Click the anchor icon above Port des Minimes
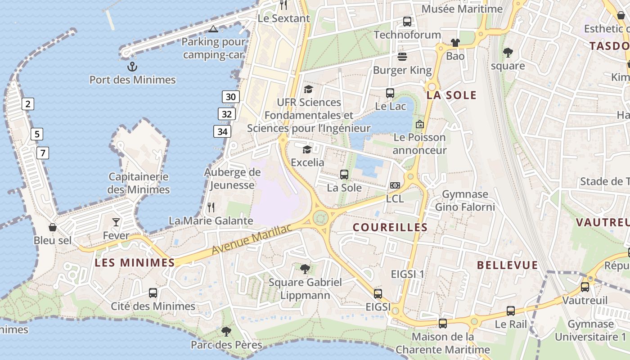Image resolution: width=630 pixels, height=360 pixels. click(132, 67)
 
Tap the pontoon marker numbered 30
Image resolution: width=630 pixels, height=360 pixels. click(230, 97)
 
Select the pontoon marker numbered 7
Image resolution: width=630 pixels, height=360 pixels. click(42, 153)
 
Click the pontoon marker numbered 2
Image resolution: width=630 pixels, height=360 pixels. click(28, 104)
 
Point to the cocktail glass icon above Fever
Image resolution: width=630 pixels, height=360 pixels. click(116, 222)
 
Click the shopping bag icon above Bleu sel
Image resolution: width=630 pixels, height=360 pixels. click(53, 227)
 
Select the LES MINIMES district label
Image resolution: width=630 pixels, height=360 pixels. click(135, 263)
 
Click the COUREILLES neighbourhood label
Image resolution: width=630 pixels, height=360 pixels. click(390, 227)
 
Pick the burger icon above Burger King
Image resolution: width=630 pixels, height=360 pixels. click(402, 57)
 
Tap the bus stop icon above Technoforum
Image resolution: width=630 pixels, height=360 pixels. click(407, 21)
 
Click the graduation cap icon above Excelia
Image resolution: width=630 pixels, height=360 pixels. click(307, 149)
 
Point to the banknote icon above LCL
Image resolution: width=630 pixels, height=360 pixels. click(395, 185)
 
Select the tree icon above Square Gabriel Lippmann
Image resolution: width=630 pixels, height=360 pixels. click(305, 269)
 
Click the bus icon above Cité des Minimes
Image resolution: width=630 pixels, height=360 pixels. click(153, 293)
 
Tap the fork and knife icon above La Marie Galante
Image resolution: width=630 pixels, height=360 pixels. click(211, 207)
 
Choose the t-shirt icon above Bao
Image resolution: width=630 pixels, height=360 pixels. click(455, 43)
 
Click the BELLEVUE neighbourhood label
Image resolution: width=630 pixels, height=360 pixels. click(508, 265)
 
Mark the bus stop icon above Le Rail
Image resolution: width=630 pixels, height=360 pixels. click(511, 310)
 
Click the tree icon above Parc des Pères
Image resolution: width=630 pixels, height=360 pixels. click(226, 332)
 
